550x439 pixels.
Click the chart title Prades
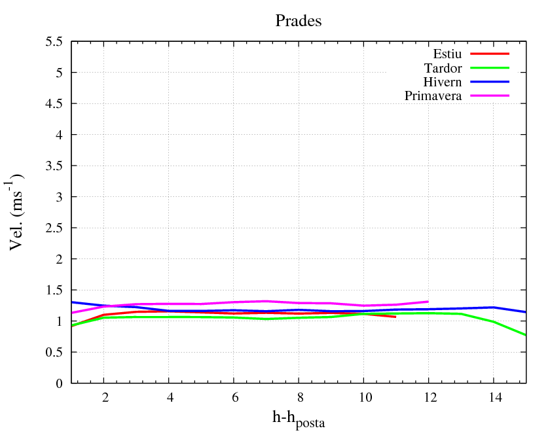click(x=298, y=21)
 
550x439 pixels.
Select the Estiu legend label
click(x=448, y=54)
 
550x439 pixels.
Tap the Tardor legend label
click(x=443, y=68)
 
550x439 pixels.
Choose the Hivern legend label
click(x=443, y=82)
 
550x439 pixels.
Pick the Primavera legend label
click(x=433, y=96)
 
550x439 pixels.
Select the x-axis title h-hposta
click(x=299, y=419)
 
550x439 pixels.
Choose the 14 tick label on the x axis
click(x=494, y=398)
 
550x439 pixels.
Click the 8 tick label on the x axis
click(x=299, y=398)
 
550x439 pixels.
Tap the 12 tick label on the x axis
click(x=429, y=398)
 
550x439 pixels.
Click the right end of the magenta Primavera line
click(x=428, y=302)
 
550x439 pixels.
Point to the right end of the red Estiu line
click(x=395, y=317)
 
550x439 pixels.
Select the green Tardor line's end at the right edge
click(x=526, y=335)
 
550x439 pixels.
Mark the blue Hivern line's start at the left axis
click(x=71, y=302)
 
